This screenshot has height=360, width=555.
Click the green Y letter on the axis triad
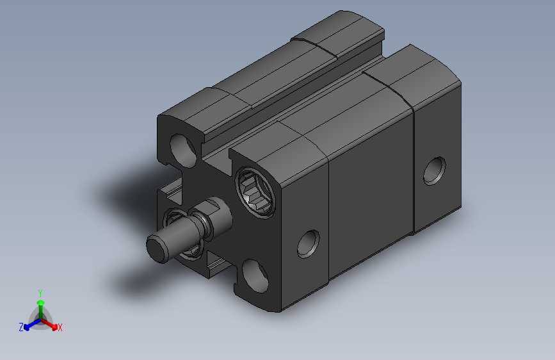coord(40,291)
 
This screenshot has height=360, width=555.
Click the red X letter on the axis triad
coord(60,328)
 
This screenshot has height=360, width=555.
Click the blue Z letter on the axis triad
coord(21,327)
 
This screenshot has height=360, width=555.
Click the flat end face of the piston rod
coord(157,247)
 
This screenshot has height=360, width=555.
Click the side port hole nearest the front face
coord(309,244)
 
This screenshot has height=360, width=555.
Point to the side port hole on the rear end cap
coord(435,170)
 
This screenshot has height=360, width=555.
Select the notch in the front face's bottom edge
coord(214,266)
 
